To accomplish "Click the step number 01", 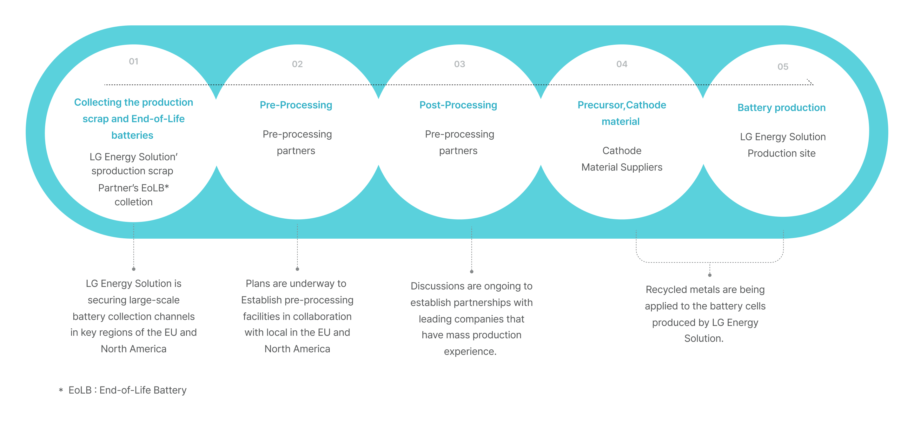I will click(133, 61).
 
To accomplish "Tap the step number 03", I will click(460, 64).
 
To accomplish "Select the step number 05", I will click(783, 67).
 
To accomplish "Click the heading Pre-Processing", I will click(296, 105).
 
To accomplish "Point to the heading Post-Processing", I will click(458, 105).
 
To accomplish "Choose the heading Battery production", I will click(781, 108).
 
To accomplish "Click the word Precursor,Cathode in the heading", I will click(622, 105).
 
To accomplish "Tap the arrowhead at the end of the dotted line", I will click(811, 82).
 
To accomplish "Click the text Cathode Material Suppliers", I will click(622, 159).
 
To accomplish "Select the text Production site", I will click(781, 153).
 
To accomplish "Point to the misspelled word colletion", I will click(133, 202).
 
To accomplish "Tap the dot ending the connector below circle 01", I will click(134, 269).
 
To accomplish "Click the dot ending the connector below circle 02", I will click(297, 269).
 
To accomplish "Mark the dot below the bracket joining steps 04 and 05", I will click(710, 275).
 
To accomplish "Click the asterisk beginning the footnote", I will click(61, 391).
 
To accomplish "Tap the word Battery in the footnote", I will click(170, 390).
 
